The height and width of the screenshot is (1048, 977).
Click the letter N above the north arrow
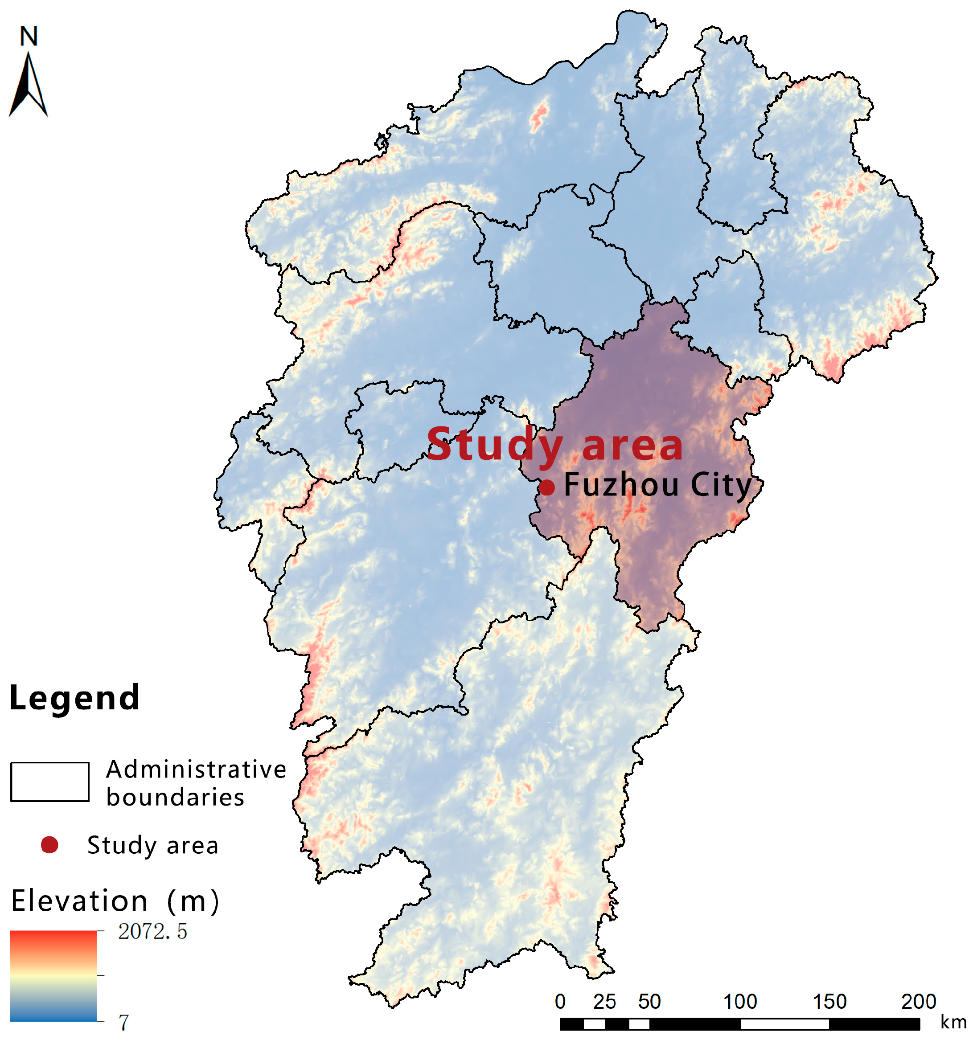(x=29, y=37)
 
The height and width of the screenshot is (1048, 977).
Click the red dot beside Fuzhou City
(x=547, y=487)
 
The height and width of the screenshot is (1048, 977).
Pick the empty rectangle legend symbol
(x=49, y=782)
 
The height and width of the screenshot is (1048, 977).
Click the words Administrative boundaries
(x=195, y=783)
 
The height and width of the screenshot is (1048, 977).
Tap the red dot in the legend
(x=49, y=845)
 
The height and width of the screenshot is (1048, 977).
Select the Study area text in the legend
(x=152, y=846)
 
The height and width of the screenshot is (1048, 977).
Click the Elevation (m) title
(x=115, y=901)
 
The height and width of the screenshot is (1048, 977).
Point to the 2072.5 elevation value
(x=152, y=932)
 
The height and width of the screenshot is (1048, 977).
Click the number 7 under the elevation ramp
(x=124, y=1023)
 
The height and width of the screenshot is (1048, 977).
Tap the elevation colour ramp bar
(x=53, y=976)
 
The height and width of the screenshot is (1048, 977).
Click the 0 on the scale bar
(x=560, y=1002)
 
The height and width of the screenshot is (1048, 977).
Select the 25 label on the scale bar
(x=604, y=1002)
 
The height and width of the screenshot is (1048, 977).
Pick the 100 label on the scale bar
(x=740, y=1002)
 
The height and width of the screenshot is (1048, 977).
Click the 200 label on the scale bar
(x=919, y=1002)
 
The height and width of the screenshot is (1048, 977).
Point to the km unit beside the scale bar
(x=953, y=1023)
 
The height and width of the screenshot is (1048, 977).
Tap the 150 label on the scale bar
(x=829, y=1002)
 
